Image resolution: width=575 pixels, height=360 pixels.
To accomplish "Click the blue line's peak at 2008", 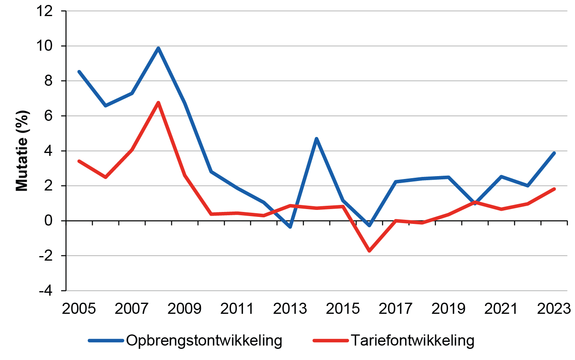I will [x=158, y=48].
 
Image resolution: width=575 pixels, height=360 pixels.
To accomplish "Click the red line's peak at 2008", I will [x=158, y=103].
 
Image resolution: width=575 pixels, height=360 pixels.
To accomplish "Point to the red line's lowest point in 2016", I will [x=369, y=251].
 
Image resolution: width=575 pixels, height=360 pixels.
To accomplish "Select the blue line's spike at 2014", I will [x=316, y=139].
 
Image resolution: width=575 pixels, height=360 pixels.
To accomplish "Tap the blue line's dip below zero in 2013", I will [x=290, y=227].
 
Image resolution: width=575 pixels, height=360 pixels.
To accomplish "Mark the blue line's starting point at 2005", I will [x=79, y=72].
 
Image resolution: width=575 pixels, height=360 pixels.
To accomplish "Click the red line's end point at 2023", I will [x=554, y=189].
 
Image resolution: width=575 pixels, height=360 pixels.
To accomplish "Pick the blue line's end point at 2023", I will [x=554, y=153].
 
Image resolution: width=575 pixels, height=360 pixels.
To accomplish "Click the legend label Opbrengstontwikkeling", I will [x=204, y=341].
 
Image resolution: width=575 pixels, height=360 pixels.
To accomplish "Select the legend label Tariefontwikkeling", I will [x=412, y=341].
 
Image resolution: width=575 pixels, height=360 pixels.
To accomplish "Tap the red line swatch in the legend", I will [x=330, y=341].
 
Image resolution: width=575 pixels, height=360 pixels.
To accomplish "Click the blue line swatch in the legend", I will [x=106, y=341].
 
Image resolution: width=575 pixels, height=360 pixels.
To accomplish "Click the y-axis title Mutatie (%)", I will [x=22, y=151].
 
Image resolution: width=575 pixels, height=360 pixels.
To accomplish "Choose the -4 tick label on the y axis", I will [x=46, y=291].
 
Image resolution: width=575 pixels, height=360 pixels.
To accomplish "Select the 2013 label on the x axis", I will [x=290, y=309].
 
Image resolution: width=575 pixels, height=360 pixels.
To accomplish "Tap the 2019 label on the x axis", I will [x=448, y=309].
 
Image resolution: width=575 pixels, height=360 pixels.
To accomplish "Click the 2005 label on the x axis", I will [x=79, y=309].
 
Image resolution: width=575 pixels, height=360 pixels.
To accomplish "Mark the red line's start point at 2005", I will [x=79, y=161].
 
